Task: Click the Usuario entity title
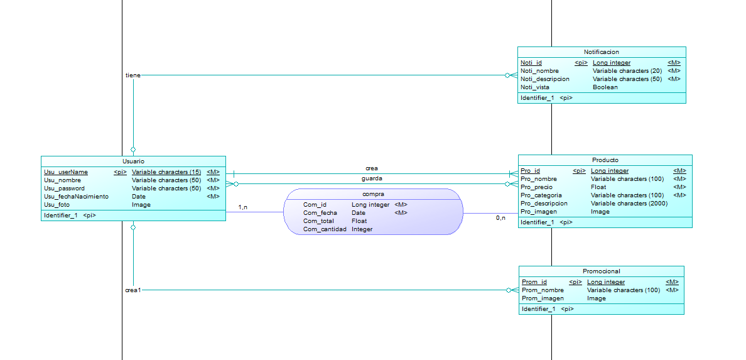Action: [133, 161]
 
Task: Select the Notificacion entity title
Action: [602, 52]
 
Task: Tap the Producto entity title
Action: [605, 160]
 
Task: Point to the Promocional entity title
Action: [602, 271]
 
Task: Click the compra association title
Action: [373, 194]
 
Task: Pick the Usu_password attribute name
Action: [64, 188]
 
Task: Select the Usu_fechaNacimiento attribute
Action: [76, 197]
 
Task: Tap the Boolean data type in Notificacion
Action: [605, 87]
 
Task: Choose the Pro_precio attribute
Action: [536, 187]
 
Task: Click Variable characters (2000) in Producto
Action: [629, 204]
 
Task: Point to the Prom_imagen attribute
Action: [543, 298]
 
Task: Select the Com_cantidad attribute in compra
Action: [325, 229]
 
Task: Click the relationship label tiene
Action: [133, 76]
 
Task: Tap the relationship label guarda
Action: [372, 178]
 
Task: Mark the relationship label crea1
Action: [133, 290]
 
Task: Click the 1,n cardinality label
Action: [243, 207]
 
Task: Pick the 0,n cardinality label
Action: [500, 218]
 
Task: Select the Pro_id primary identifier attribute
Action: [531, 171]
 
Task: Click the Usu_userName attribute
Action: [66, 172]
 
